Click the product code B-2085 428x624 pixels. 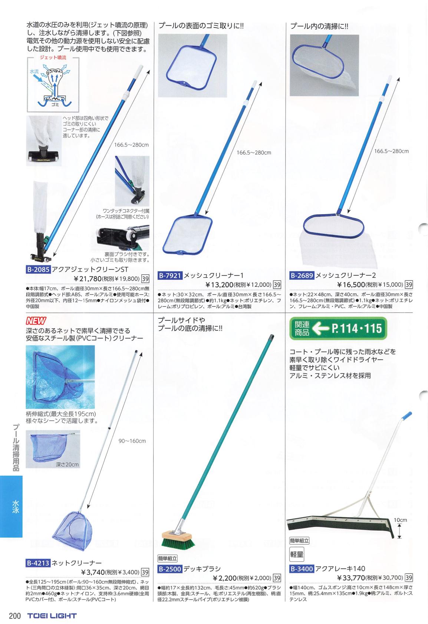pos(38,269)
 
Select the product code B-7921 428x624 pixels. pos(170,276)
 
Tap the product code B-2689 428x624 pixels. pos(302,276)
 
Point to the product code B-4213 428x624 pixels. pos(38,563)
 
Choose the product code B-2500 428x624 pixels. pos(170,569)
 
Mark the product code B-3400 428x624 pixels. pos(302,568)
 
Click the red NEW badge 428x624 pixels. pos(36,321)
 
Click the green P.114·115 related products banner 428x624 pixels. pos(338,328)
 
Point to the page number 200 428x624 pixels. pos(15,615)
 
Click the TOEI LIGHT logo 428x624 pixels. pos(52,615)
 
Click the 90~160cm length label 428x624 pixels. pos(132,441)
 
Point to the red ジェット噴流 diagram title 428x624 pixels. pos(53,58)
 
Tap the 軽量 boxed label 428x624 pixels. pos(297,554)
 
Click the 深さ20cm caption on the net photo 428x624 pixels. pos(67,464)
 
